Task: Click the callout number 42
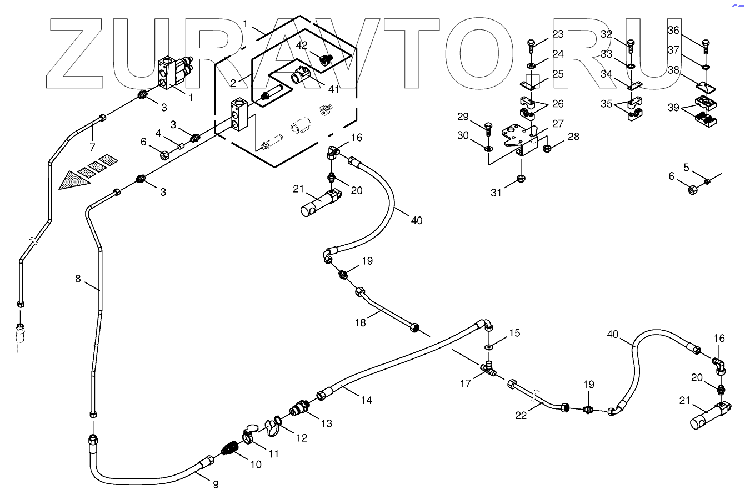pos(302,46)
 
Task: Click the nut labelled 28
pos(546,148)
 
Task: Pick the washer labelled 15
pos(489,347)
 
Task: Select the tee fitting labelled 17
pos(488,368)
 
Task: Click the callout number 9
pos(216,484)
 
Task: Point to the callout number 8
pos(78,279)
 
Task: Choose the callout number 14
pos(366,400)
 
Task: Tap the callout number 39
pos(673,108)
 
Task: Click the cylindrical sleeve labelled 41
pos(301,74)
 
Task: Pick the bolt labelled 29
pos(488,129)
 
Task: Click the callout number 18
pos(361,322)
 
